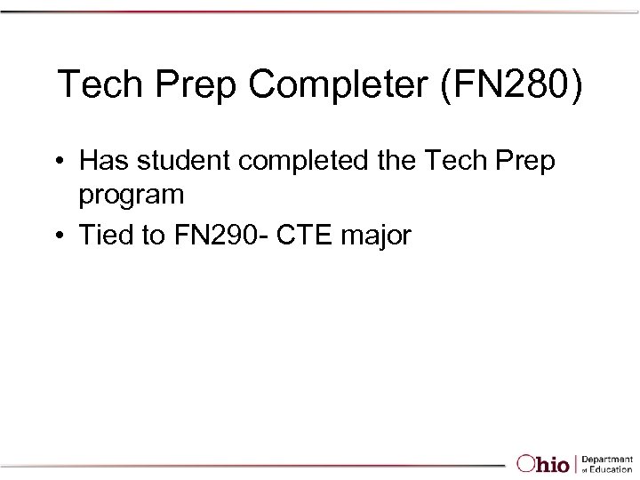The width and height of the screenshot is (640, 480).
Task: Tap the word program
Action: coord(132,194)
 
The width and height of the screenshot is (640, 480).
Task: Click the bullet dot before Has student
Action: coord(57,163)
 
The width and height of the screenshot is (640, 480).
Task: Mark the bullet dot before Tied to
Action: coord(57,236)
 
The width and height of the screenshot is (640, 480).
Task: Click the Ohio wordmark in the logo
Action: coord(543,463)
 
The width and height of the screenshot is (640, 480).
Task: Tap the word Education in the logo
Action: coord(611,468)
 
